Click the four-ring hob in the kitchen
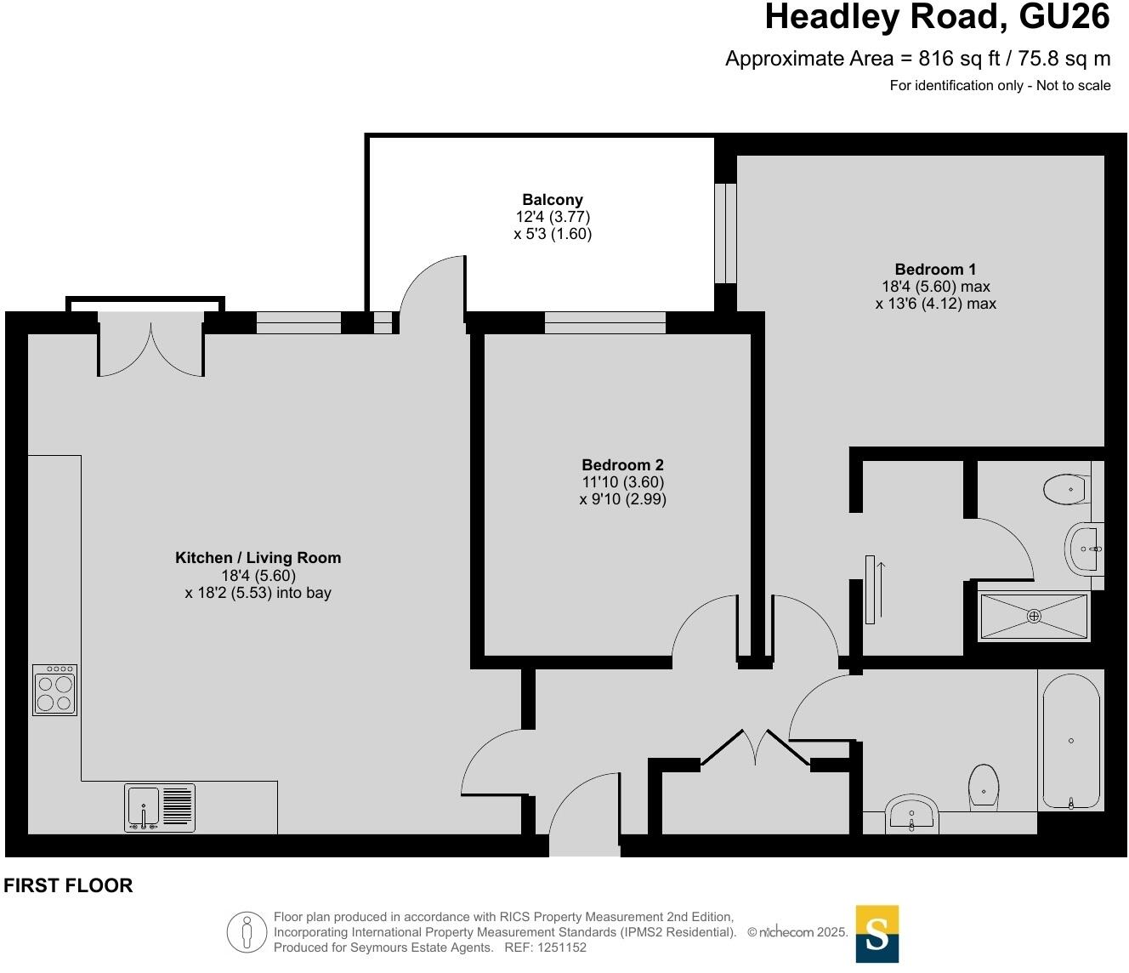pyautogui.click(x=55, y=690)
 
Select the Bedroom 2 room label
pyautogui.click(x=622, y=465)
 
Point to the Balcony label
pyautogui.click(x=553, y=201)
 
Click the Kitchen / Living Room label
pyautogui.click(x=258, y=558)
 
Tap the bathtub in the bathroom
pyautogui.click(x=1071, y=739)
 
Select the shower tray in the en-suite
pyautogui.click(x=1034, y=616)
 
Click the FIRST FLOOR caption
pyautogui.click(x=68, y=885)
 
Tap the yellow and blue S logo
pyautogui.click(x=877, y=934)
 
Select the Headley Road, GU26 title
pyautogui.click(x=937, y=17)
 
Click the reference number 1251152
pyautogui.click(x=559, y=947)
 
